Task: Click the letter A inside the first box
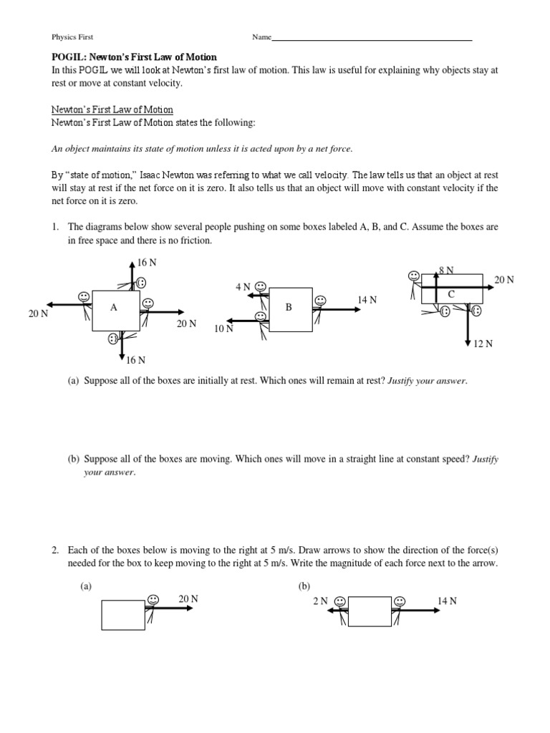click(113, 307)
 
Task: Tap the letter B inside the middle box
click(289, 307)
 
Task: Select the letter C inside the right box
click(450, 294)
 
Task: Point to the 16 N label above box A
click(147, 263)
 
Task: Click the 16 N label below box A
click(136, 360)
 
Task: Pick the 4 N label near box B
click(243, 287)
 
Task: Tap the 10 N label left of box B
click(223, 329)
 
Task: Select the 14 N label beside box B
click(367, 300)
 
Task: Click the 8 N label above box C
click(446, 270)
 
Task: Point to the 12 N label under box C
click(483, 344)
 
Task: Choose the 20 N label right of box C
click(504, 280)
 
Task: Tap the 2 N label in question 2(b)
click(319, 601)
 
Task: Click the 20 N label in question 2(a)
click(188, 599)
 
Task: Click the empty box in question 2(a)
click(123, 615)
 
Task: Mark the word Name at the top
click(261, 37)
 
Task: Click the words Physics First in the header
click(72, 37)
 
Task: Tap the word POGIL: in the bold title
click(68, 57)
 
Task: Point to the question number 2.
click(54, 550)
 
